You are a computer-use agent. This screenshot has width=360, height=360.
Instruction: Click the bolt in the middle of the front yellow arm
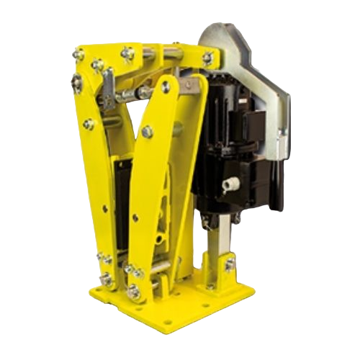[148, 132]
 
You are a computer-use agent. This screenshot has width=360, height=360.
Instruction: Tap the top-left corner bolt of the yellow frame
[80, 55]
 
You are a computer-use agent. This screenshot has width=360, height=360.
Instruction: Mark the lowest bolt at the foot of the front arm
[134, 292]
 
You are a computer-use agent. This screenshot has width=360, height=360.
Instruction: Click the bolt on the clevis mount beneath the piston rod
[229, 266]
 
